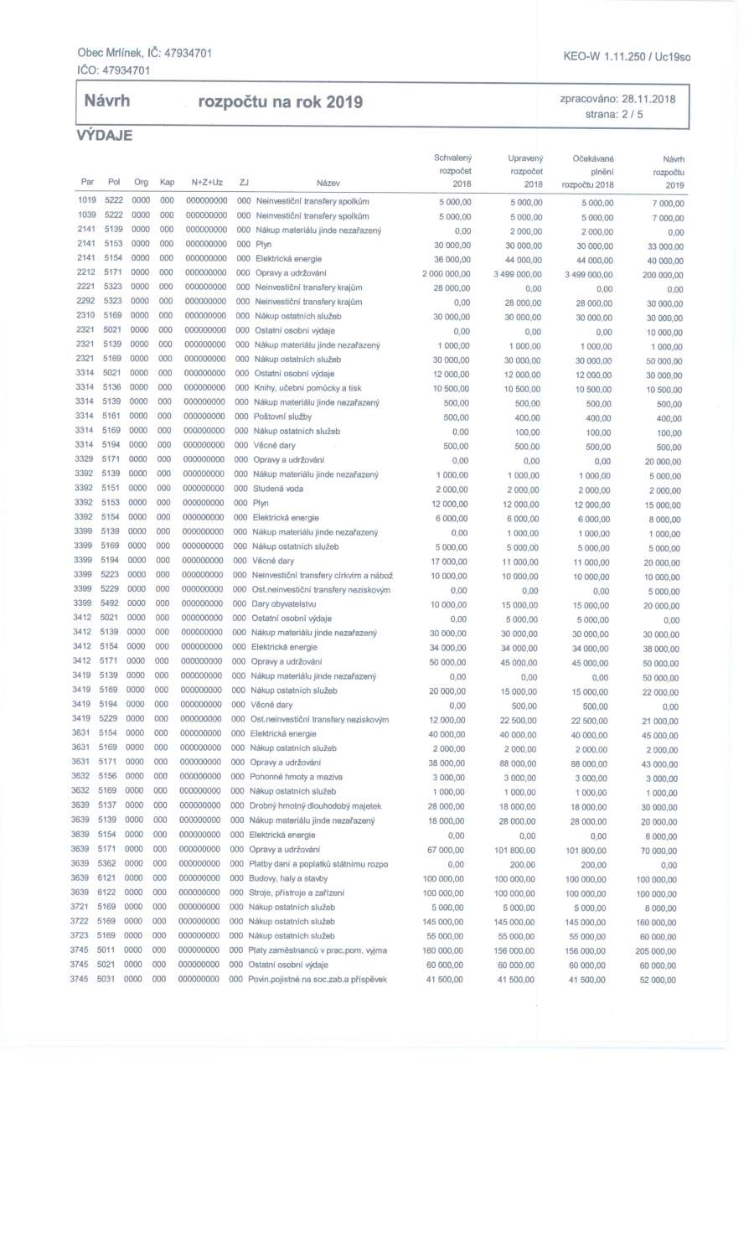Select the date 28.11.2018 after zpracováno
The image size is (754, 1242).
pos(649,99)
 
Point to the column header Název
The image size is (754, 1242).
pos(328,184)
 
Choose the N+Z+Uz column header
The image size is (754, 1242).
pos(206,183)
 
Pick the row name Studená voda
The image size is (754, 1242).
pos(278,489)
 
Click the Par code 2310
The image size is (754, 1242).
pos(85,316)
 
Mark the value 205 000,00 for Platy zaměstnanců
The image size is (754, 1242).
pos(659,952)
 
